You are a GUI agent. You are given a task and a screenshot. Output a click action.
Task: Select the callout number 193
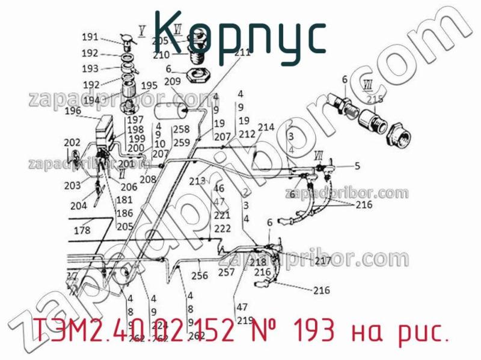(90, 69)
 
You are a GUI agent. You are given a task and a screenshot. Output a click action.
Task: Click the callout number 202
(72, 142)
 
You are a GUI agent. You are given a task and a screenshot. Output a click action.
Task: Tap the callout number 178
(82, 230)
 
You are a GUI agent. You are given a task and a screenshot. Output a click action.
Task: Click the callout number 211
(242, 53)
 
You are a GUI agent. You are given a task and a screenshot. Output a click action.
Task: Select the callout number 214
(266, 127)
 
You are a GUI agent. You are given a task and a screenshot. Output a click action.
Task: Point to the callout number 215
(375, 100)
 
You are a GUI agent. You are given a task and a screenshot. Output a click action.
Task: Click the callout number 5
(357, 166)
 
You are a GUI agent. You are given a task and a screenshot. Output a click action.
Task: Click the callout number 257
(227, 272)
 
